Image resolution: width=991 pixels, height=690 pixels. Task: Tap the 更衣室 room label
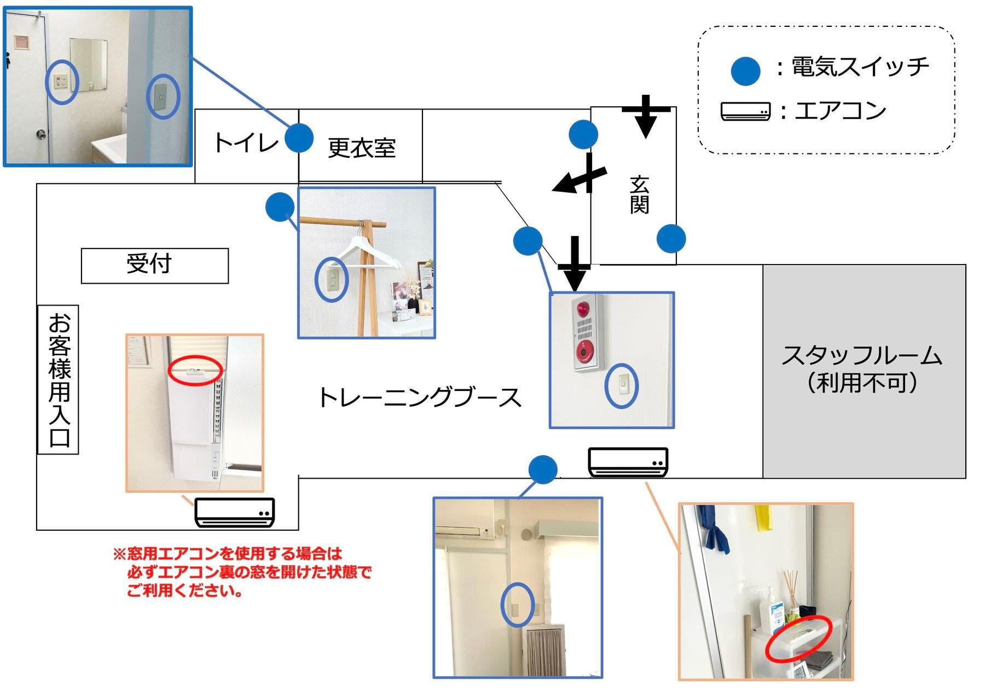(x=361, y=148)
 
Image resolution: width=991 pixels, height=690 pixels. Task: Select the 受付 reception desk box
(x=154, y=266)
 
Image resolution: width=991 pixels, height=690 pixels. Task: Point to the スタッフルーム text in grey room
(x=862, y=356)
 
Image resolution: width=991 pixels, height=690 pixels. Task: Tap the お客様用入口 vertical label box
(x=59, y=380)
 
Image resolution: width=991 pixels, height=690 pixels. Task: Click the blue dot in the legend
(x=745, y=71)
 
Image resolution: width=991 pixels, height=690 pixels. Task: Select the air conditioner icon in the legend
(x=745, y=111)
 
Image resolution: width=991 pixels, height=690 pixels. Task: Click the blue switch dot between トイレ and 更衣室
(x=299, y=137)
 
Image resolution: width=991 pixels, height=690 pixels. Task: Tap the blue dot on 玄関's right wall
(x=671, y=238)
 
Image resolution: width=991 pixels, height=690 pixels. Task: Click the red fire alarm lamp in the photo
(x=582, y=310)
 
